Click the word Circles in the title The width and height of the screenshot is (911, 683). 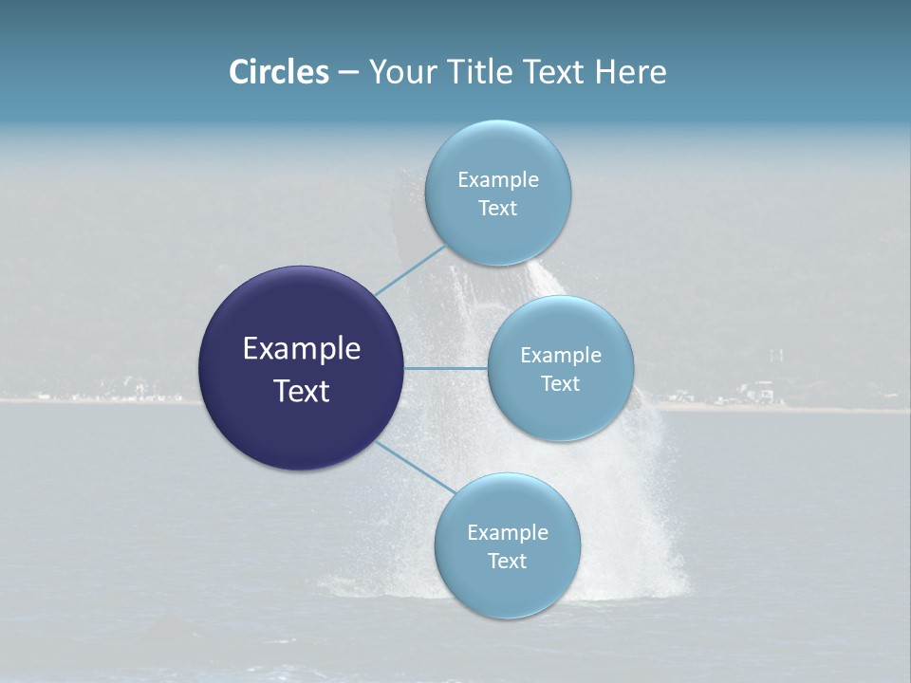[x=278, y=72]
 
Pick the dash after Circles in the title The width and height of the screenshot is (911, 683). [x=347, y=73]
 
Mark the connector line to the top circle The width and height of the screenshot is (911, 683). [x=411, y=269]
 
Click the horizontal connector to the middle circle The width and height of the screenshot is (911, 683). [x=445, y=368]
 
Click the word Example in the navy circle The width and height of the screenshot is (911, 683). [x=302, y=349]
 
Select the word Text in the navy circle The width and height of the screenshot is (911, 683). [x=302, y=391]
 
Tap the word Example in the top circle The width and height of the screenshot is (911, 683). [x=498, y=179]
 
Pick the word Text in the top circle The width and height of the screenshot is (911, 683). [x=497, y=208]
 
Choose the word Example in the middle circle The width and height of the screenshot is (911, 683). [x=561, y=355]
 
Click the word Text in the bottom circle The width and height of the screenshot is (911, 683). [x=507, y=561]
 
